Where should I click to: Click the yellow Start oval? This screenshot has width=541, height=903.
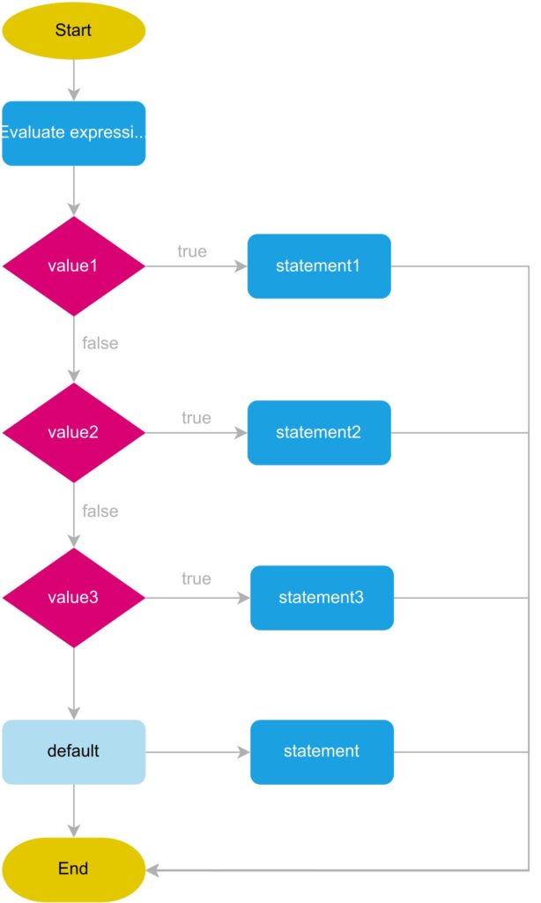[73, 30]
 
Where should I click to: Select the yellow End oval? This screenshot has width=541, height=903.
[73, 869]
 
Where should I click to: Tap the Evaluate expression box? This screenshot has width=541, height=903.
[73, 133]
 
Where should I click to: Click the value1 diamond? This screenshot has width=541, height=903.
[73, 265]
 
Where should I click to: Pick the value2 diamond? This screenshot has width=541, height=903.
[73, 432]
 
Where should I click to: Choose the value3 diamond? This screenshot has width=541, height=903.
[73, 598]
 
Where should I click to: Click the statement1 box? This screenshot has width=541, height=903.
[318, 265]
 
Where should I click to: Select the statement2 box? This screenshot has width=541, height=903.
[318, 432]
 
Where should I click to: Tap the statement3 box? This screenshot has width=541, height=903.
[322, 598]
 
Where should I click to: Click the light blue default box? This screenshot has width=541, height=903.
[73, 751]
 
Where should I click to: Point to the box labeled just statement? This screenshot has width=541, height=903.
[322, 751]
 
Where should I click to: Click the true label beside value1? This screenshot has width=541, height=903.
[192, 251]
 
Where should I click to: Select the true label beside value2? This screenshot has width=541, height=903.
[196, 417]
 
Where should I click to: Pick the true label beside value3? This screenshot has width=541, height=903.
[196, 578]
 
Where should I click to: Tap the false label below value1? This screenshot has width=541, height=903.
[100, 343]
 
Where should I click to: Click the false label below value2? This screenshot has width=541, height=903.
[100, 511]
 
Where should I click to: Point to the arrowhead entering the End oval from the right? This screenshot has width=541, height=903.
[152, 869]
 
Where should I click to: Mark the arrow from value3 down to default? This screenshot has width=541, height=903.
[73, 683]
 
